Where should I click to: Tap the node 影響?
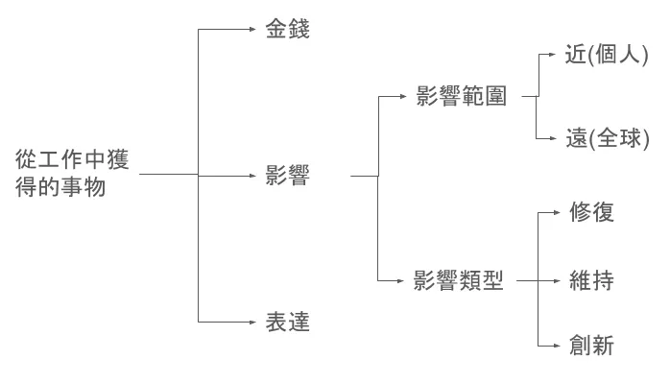click(x=287, y=176)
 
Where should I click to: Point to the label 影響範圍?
click(x=461, y=96)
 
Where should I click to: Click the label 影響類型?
click(x=459, y=281)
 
